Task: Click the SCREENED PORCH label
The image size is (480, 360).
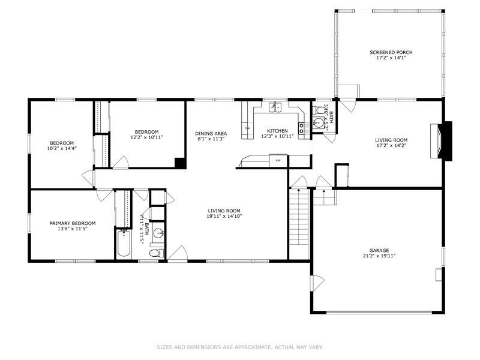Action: pyautogui.click(x=391, y=53)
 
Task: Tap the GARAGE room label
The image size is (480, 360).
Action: pyautogui.click(x=379, y=250)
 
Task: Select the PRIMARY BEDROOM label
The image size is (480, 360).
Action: pyautogui.click(x=72, y=223)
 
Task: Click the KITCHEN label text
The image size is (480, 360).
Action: pyautogui.click(x=277, y=131)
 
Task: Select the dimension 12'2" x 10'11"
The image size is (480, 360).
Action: pyautogui.click(x=146, y=137)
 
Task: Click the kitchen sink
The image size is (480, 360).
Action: pyautogui.click(x=276, y=107)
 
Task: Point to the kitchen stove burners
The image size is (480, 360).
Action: pyautogui.click(x=305, y=127)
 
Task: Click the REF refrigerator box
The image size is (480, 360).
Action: pyautogui.click(x=278, y=160)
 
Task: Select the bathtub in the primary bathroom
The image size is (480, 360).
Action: pyautogui.click(x=124, y=243)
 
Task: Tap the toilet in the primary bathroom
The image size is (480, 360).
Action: pyautogui.click(x=155, y=253)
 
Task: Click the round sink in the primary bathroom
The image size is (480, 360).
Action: pyautogui.click(x=158, y=233)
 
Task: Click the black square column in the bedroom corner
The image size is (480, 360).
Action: pyautogui.click(x=179, y=163)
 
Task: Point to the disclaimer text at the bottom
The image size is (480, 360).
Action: pyautogui.click(x=239, y=347)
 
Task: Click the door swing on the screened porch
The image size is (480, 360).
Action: pyautogui.click(x=347, y=91)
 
